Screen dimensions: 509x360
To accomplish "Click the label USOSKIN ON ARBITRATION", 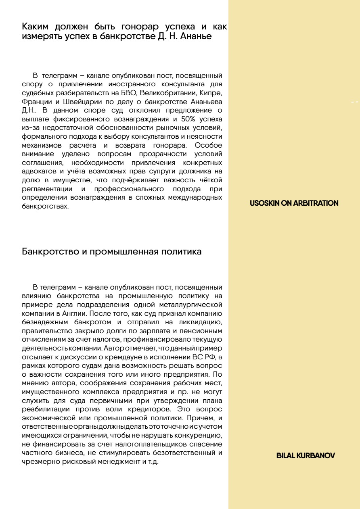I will (294, 203).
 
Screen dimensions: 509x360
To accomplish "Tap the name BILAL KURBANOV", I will (306, 456).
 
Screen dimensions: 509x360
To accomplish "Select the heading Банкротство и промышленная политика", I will (111, 252).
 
